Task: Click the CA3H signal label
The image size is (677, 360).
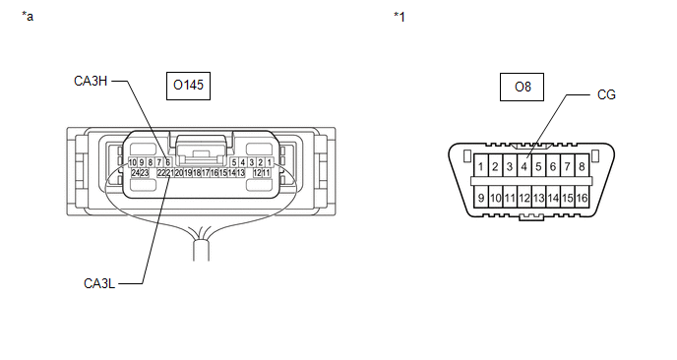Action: coord(91,81)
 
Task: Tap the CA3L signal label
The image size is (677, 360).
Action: coord(99,283)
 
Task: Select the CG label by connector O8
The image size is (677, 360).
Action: coord(606,95)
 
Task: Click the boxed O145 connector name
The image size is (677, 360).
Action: coord(188,86)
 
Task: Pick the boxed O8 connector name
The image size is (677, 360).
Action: coord(522,88)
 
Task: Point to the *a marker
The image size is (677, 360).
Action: coord(28,17)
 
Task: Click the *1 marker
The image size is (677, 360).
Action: coord(400,17)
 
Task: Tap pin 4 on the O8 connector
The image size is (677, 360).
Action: coord(523,166)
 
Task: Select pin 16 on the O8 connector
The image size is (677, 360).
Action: coord(582,198)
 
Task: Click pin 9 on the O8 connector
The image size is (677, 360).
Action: coord(481,198)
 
